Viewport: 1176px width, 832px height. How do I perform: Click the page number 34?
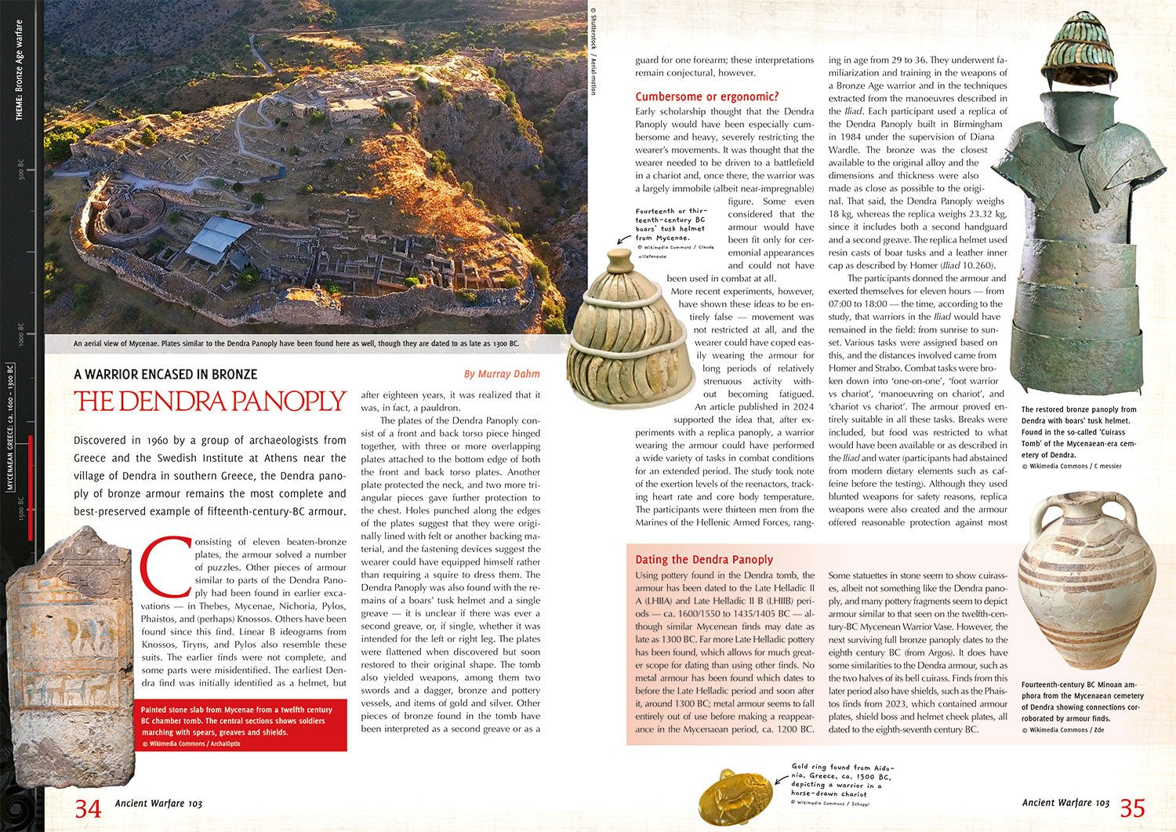coord(87,808)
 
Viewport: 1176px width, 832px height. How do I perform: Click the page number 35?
coord(1133,808)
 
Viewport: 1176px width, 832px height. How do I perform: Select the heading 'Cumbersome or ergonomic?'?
coord(706,96)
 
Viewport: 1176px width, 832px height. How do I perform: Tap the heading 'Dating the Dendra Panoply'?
coord(703,559)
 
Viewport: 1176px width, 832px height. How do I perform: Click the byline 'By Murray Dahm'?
coord(502,374)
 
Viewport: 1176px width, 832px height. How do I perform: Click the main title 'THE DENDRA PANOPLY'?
coord(210,401)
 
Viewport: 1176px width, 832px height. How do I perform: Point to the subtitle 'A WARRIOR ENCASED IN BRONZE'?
coord(165,374)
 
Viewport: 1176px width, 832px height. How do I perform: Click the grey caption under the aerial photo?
coord(296,343)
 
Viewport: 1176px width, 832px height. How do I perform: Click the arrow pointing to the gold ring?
coord(781,779)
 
